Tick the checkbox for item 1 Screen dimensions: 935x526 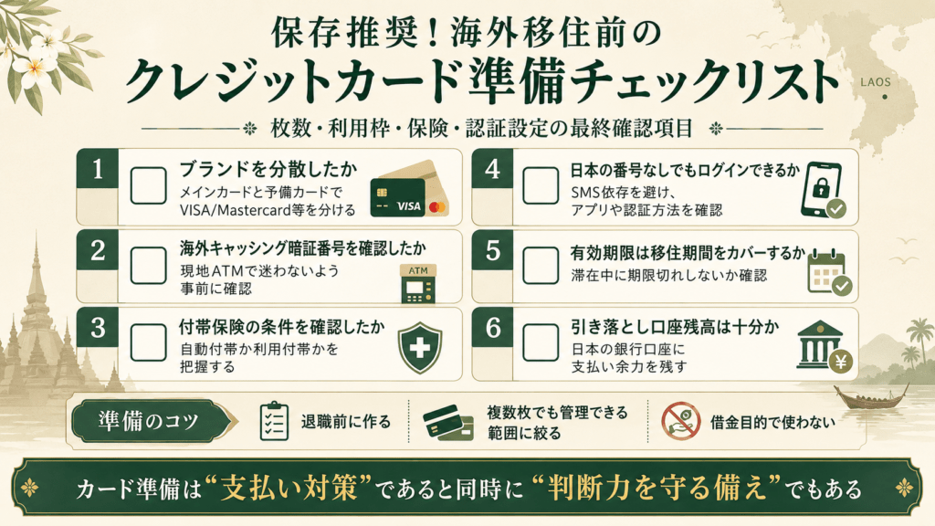(149, 186)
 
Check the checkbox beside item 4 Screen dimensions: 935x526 (541, 186)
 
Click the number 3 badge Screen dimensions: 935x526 (98, 327)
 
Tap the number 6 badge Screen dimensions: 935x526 (492, 327)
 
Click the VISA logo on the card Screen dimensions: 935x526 (409, 206)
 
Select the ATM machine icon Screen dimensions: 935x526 (418, 283)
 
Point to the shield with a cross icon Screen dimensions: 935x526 (420, 347)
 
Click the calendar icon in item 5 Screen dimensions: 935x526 (829, 272)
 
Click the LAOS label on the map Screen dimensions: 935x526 (876, 82)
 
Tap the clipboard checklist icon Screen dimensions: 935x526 (274, 421)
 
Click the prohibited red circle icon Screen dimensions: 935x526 (681, 420)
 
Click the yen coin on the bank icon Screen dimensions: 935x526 (841, 361)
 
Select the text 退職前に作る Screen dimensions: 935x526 (346, 422)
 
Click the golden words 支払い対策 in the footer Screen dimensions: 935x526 (289, 488)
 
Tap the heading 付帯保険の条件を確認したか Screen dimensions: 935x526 (282, 327)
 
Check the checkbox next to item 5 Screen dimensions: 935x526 (541, 266)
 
